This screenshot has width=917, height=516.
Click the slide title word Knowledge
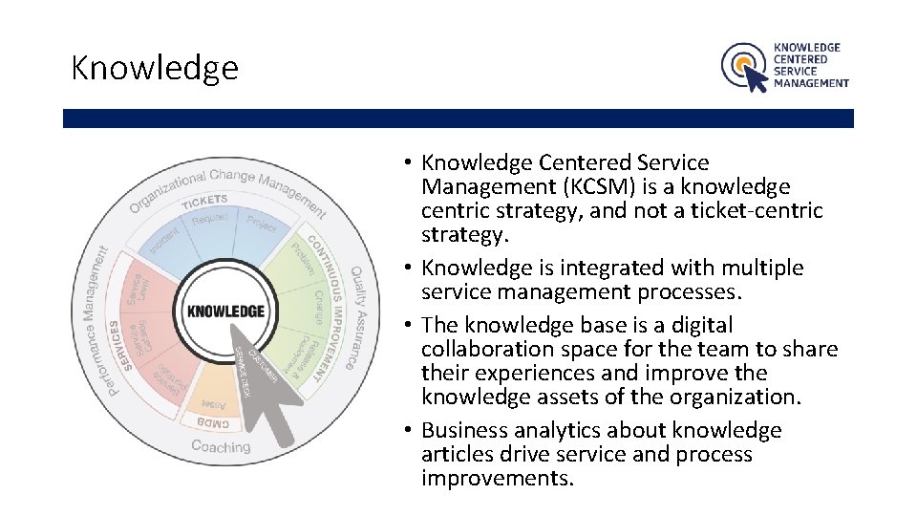[154, 68]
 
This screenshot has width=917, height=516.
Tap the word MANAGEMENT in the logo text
[811, 83]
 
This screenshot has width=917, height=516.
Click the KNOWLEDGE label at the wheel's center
[225, 312]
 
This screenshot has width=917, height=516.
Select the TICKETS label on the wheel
[204, 201]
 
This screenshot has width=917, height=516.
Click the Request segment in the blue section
[210, 221]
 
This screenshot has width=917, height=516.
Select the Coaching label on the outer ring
[221, 446]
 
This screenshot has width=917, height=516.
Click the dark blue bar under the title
[458, 118]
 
